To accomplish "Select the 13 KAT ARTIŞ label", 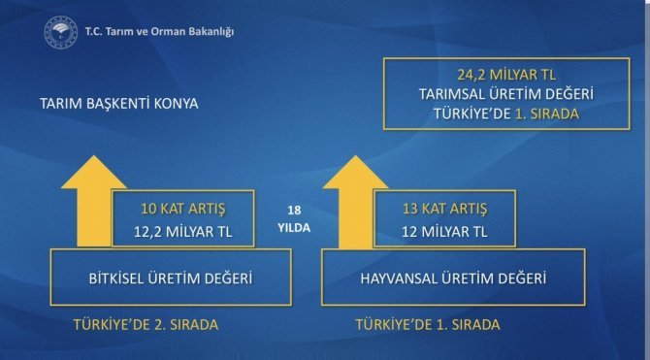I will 444,210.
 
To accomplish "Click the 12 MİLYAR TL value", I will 444,232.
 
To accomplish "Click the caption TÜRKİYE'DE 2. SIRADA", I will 146,325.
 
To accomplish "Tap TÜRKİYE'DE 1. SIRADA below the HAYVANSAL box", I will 427,325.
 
